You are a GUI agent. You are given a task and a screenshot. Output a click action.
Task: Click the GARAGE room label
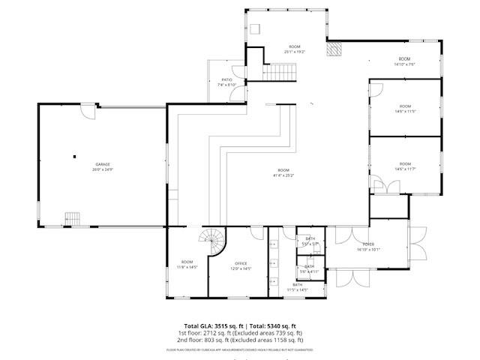click(103, 164)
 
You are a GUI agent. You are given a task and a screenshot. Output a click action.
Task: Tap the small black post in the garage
click(75, 157)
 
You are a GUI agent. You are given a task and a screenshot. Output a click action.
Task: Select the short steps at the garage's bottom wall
click(72, 218)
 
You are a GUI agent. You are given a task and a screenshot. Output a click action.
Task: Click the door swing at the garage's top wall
click(89, 112)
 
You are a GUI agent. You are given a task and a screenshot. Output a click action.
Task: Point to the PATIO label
click(226, 79)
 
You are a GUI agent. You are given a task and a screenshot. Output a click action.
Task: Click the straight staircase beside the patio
click(280, 72)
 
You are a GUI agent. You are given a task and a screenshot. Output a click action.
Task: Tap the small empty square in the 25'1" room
click(255, 29)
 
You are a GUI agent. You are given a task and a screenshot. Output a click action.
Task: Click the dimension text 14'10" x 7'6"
click(404, 64)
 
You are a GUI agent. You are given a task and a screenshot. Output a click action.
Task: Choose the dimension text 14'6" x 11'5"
click(404, 112)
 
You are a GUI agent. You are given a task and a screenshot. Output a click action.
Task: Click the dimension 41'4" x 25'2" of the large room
click(283, 176)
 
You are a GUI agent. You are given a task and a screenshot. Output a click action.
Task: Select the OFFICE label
click(241, 263)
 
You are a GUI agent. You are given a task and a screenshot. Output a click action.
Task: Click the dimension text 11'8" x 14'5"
click(186, 267)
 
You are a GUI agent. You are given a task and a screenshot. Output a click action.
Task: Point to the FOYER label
click(368, 244)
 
